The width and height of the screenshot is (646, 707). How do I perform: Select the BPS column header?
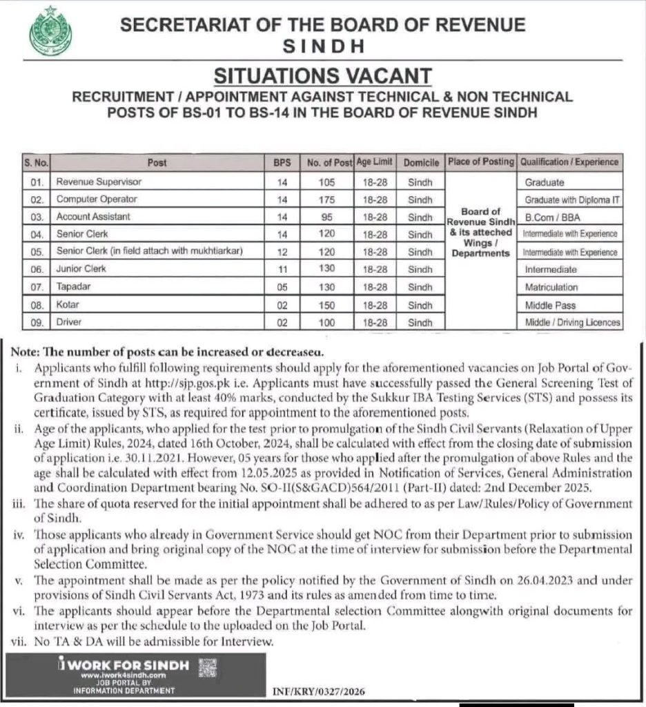(x=281, y=163)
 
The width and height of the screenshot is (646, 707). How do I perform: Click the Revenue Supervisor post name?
(x=99, y=182)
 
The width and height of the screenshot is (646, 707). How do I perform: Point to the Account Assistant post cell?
(x=93, y=217)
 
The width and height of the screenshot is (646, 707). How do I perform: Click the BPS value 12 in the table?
(x=281, y=251)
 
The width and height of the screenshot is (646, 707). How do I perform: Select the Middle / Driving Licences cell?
(x=572, y=322)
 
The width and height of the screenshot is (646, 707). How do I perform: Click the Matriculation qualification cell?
(x=551, y=287)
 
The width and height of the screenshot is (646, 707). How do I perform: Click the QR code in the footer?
(x=207, y=668)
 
